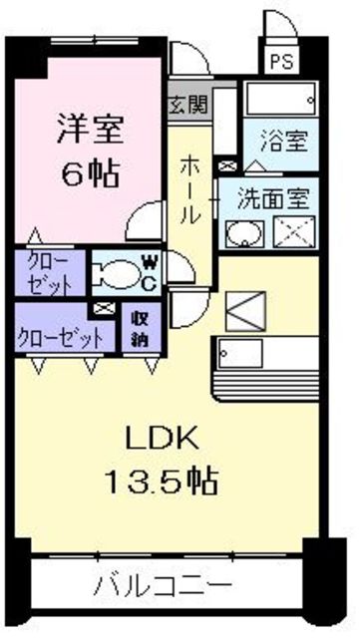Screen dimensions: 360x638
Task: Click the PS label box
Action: coord(281,61)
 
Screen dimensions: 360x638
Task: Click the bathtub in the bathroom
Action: coord(281,99)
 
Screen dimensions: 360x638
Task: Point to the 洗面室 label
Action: coord(273,198)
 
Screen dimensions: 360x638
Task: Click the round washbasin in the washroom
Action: coord(244,234)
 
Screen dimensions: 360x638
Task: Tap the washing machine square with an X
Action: coord(294,231)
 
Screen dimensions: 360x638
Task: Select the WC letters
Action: coord(149,273)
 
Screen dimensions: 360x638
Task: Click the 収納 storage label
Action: coord(141,331)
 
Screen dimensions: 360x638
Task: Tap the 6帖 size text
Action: coord(91,172)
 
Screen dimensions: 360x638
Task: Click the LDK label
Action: coord(163,439)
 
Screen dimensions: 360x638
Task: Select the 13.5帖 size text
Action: coord(162,480)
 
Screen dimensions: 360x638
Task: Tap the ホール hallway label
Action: coord(189,190)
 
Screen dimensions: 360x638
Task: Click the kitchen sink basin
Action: coord(240,353)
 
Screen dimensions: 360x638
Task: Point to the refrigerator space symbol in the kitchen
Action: coord(245,311)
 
